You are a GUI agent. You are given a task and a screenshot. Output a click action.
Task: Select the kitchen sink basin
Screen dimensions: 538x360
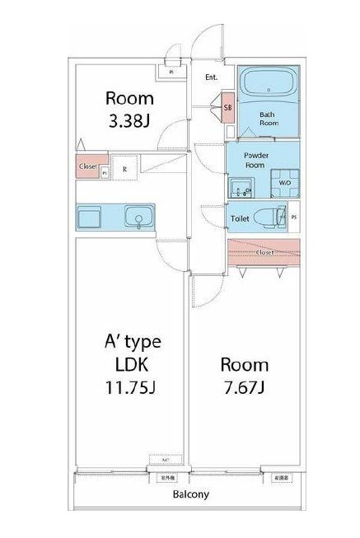137,218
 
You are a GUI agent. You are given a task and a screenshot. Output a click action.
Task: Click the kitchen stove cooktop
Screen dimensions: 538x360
89,218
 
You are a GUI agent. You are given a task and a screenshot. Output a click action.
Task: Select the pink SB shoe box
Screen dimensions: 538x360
227,108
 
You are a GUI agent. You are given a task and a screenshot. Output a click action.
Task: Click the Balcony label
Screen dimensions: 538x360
190,495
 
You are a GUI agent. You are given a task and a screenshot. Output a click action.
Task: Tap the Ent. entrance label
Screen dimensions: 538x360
211,78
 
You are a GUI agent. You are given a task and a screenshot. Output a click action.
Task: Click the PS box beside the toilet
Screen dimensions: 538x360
294,218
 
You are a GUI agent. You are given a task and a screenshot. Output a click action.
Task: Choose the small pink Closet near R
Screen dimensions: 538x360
89,167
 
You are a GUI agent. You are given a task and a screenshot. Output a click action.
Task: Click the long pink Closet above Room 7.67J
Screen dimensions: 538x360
264,253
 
